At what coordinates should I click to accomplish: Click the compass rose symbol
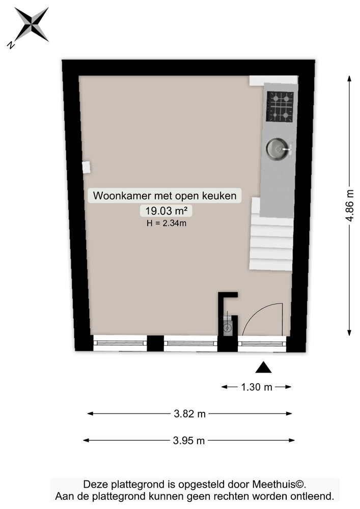(x=32, y=24)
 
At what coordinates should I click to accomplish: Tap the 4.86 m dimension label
(x=349, y=205)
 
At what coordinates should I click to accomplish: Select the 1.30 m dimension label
(x=256, y=387)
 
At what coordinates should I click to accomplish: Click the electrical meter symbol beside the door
(x=228, y=328)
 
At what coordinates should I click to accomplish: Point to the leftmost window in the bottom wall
(x=120, y=343)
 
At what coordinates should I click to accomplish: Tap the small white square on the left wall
(x=86, y=167)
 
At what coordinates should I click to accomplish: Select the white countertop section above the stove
(x=273, y=80)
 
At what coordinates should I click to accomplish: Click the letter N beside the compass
(x=11, y=45)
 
